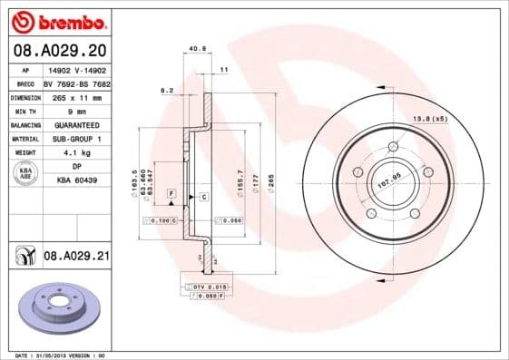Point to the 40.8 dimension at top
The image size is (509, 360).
[x=194, y=50]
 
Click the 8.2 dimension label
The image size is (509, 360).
[x=166, y=91]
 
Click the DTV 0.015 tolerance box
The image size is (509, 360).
[x=204, y=287]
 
